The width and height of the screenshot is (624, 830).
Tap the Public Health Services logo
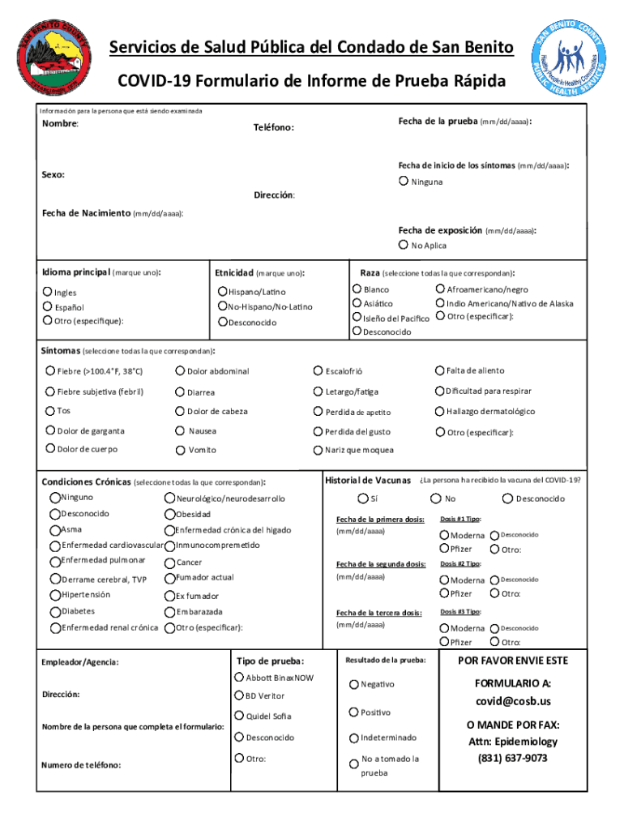pyautogui.click(x=571, y=62)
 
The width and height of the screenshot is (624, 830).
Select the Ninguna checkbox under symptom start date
pyautogui.click(x=403, y=181)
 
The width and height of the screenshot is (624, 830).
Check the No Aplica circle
pyautogui.click(x=403, y=245)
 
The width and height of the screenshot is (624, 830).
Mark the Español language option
pyautogui.click(x=47, y=307)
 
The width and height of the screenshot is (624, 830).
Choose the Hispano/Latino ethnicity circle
pyautogui.click(x=222, y=291)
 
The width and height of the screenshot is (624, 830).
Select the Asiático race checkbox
pyautogui.click(x=357, y=303)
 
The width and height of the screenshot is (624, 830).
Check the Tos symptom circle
pyautogui.click(x=50, y=411)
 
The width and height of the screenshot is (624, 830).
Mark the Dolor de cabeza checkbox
pyautogui.click(x=180, y=411)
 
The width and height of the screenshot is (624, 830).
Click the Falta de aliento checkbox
pyautogui.click(x=440, y=370)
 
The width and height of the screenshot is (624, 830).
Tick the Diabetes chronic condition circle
pyautogui.click(x=54, y=611)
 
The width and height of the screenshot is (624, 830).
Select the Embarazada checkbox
pyautogui.click(x=169, y=611)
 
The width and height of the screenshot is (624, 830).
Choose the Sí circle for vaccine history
pyautogui.click(x=362, y=498)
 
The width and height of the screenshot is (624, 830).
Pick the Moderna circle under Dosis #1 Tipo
pyautogui.click(x=444, y=535)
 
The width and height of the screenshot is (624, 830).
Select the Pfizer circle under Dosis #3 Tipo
pyautogui.click(x=444, y=642)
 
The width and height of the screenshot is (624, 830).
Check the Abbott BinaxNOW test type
pyautogui.click(x=239, y=677)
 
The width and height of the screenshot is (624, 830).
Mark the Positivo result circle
pyautogui.click(x=354, y=712)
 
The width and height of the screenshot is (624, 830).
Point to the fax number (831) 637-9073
pyautogui.click(x=513, y=758)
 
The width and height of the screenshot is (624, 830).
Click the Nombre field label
pyautogui.click(x=60, y=124)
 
